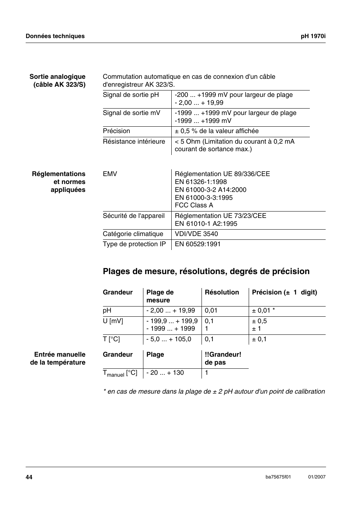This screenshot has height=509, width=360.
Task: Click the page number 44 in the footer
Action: (29, 477)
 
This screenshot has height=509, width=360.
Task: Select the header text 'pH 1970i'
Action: (313, 36)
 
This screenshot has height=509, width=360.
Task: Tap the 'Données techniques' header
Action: (55, 36)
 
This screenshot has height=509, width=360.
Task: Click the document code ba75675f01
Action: (278, 477)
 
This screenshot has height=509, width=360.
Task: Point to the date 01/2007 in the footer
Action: (317, 477)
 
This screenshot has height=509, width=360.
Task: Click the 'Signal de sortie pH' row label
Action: (131, 95)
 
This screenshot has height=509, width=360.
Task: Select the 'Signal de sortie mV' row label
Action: (131, 113)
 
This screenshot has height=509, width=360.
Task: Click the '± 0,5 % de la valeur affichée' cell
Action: (217, 131)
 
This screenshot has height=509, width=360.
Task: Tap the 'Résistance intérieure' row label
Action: (134, 142)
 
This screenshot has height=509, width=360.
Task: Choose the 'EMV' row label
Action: (110, 174)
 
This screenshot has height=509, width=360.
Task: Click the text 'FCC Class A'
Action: (194, 205)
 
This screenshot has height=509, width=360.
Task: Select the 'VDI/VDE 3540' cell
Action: (196, 234)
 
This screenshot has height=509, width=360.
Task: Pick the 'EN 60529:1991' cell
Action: (198, 244)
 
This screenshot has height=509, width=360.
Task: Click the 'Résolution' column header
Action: (222, 293)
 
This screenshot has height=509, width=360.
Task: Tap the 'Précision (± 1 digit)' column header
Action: (285, 293)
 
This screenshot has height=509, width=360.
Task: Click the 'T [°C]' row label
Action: (111, 339)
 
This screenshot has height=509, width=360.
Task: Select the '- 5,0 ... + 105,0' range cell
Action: (169, 339)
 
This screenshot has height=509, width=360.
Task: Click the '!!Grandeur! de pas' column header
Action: (223, 359)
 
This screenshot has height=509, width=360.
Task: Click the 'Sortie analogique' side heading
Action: (57, 77)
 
